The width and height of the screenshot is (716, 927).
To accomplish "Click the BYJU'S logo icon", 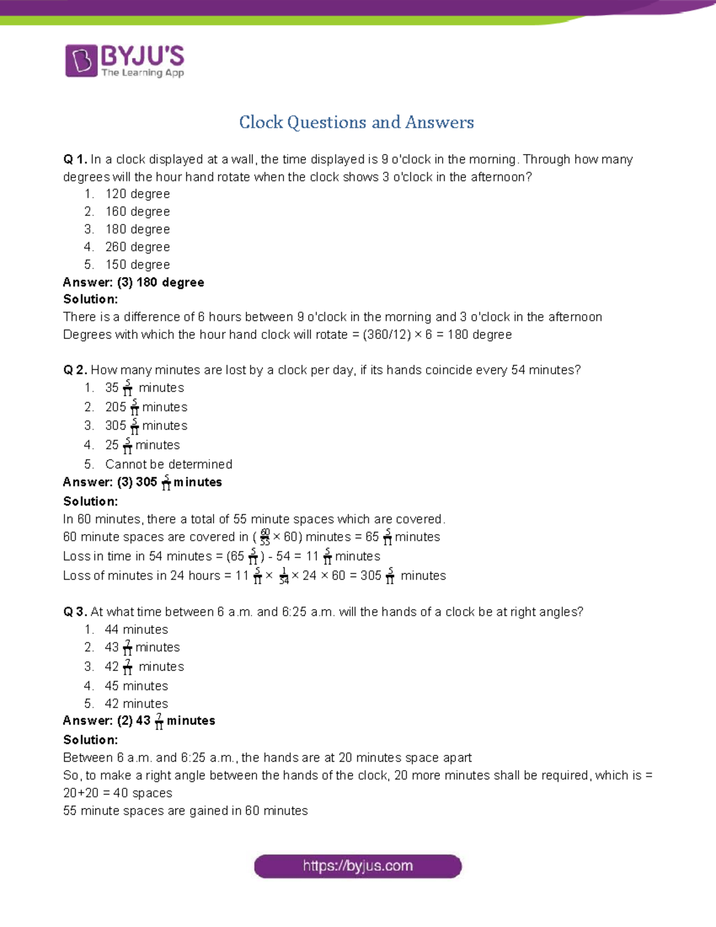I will (x=81, y=60).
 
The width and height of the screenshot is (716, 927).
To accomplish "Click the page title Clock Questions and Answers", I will (x=356, y=122).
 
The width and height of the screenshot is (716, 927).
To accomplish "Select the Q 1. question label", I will (x=75, y=159).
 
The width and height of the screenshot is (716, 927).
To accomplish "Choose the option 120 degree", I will (x=137, y=194).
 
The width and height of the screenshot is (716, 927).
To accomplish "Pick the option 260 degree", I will (x=137, y=247).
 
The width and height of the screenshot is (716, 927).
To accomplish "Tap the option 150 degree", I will (x=137, y=264).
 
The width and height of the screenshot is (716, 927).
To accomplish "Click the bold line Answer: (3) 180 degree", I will (x=134, y=282).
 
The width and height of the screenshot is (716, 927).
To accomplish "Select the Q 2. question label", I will (x=75, y=370).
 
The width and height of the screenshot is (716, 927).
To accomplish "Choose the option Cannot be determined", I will (x=168, y=464).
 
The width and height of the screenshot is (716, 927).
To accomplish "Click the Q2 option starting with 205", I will (x=146, y=407).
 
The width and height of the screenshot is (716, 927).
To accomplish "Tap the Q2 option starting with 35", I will (x=144, y=388).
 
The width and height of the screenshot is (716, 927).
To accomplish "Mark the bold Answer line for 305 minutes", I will (x=143, y=482).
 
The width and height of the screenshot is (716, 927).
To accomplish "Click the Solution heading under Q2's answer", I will (x=91, y=501).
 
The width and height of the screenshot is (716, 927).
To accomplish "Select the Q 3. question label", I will (x=75, y=612).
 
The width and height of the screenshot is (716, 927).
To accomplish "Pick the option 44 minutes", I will (x=136, y=630).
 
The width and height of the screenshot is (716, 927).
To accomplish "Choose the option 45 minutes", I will (x=136, y=686).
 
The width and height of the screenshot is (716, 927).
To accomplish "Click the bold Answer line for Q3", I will (x=139, y=721).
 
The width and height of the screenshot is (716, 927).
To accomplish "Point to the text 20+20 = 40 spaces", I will (x=118, y=793).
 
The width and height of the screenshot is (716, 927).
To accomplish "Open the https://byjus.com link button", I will (x=357, y=866).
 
